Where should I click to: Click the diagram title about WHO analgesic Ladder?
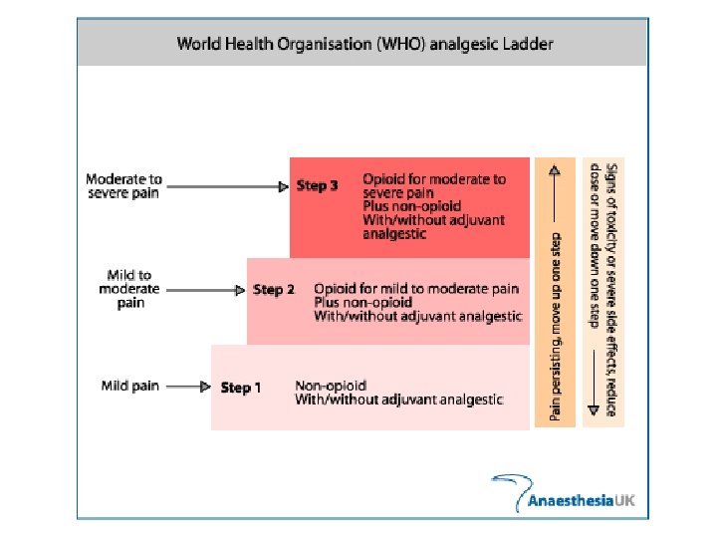[x=364, y=44]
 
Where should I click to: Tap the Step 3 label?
[x=318, y=186]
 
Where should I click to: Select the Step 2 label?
[x=274, y=290]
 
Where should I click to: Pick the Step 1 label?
[x=241, y=388]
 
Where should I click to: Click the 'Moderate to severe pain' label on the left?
[x=123, y=186]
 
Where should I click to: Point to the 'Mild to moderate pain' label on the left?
[x=129, y=289]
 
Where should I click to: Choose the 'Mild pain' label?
[x=130, y=386]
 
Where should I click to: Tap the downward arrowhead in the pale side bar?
[x=592, y=408]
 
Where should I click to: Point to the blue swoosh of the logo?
[x=509, y=486]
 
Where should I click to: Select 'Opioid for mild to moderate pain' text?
[x=416, y=289]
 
